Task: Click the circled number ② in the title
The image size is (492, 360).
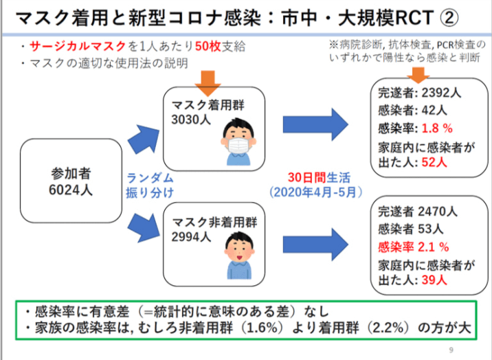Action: (x=449, y=17)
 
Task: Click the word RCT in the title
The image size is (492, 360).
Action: (x=414, y=18)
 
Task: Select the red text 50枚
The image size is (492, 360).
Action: (x=208, y=47)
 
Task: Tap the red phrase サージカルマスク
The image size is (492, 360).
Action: (x=78, y=47)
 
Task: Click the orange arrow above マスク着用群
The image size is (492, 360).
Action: (x=208, y=83)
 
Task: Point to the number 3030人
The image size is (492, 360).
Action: (x=191, y=120)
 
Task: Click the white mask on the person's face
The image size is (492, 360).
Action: (x=239, y=145)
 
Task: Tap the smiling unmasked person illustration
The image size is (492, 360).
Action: (x=239, y=255)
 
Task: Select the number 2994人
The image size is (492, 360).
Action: (x=191, y=237)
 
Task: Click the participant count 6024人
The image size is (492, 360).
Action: (x=71, y=190)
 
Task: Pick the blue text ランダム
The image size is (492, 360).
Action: (x=150, y=178)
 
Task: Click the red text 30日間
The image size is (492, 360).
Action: (x=306, y=177)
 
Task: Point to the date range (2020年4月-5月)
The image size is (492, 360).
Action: (x=315, y=192)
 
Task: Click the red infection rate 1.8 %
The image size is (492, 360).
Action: (x=437, y=128)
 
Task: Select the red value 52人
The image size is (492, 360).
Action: (x=434, y=162)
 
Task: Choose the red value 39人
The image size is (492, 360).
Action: (x=434, y=280)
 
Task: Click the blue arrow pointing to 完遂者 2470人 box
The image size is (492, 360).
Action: (x=315, y=245)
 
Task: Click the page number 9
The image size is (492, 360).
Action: (x=451, y=350)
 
